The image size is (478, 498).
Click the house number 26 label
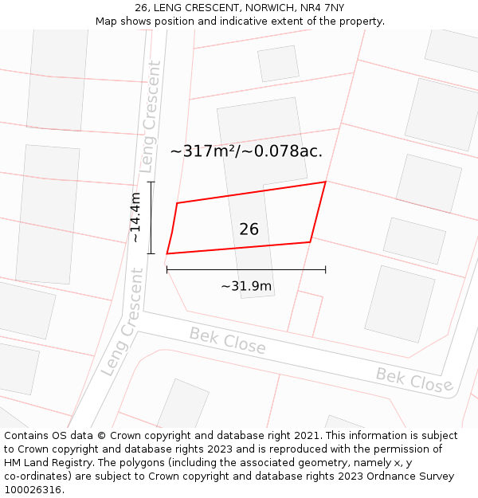pyautogui.click(x=249, y=229)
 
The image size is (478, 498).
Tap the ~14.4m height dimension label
pyautogui.click(x=135, y=218)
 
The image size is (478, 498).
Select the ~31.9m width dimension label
pyautogui.click(x=246, y=286)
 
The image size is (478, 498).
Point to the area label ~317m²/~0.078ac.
pyautogui.click(x=246, y=151)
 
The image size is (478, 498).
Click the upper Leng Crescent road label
pyautogui.click(x=151, y=117)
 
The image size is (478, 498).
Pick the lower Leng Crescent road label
pyautogui.click(x=122, y=323)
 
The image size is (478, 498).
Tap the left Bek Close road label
pyautogui.click(x=227, y=341)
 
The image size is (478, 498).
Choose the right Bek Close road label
pyautogui.click(x=414, y=379)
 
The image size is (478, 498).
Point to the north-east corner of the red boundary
pyautogui.click(x=325, y=182)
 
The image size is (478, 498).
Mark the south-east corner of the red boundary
pyautogui.click(x=310, y=241)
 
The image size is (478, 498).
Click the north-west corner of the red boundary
pyautogui.click(x=177, y=203)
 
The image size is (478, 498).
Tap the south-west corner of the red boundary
pyautogui.click(x=167, y=253)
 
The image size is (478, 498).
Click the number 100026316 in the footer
pyautogui.click(x=33, y=489)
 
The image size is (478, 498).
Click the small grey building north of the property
pyautogui.click(x=278, y=63)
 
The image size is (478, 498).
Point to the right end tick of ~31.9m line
pyautogui.click(x=325, y=269)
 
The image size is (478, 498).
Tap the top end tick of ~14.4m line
pyautogui.click(x=151, y=182)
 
